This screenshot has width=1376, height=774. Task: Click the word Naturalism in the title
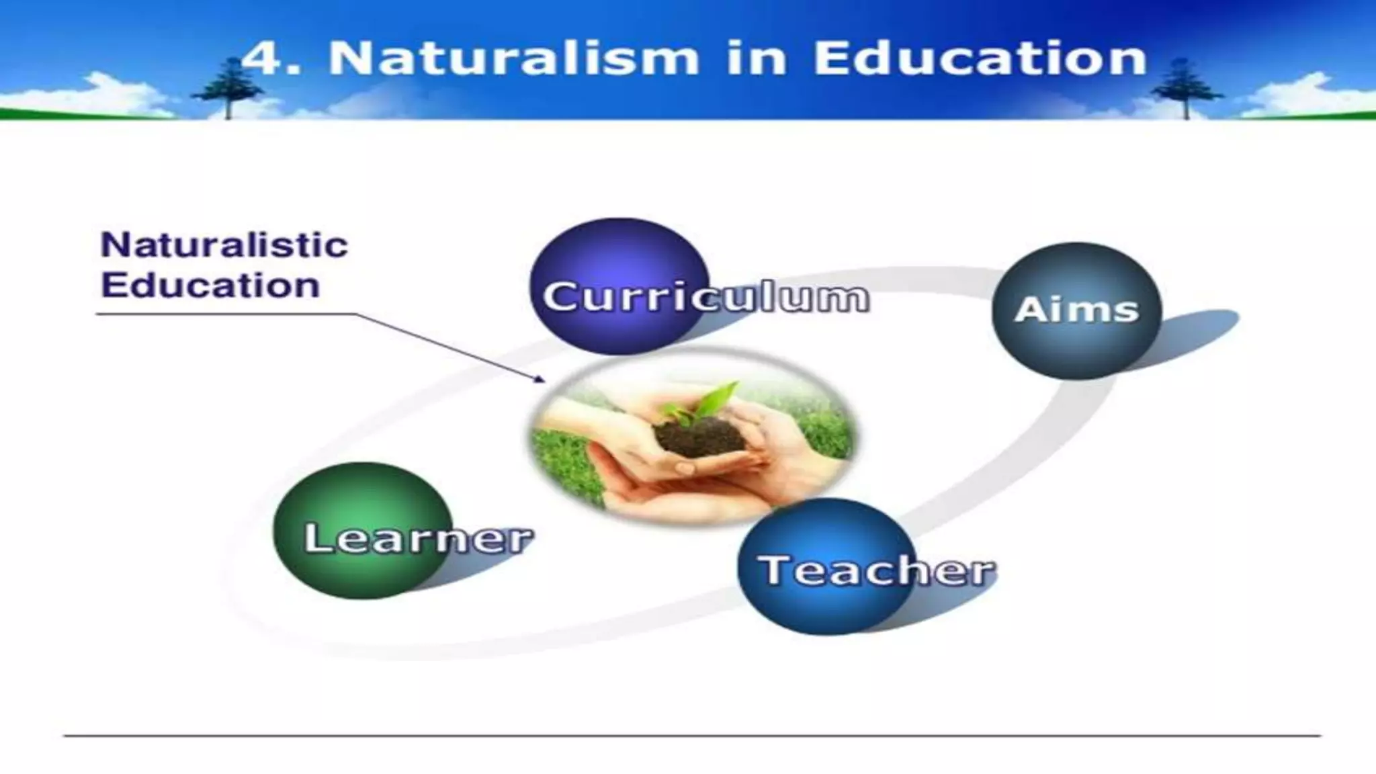(x=513, y=59)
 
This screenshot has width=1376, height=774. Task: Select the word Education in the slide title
(x=980, y=59)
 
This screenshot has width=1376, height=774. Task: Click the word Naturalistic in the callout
(x=224, y=245)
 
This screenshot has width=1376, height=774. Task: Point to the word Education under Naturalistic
(x=210, y=286)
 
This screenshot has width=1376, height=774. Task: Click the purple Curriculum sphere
(x=619, y=286)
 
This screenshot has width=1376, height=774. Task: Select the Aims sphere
(x=1076, y=310)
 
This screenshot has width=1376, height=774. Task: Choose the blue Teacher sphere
(x=826, y=566)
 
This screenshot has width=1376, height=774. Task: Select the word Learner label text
(x=418, y=538)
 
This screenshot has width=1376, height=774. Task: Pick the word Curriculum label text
(x=705, y=297)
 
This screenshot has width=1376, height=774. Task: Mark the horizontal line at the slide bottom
(x=692, y=736)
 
